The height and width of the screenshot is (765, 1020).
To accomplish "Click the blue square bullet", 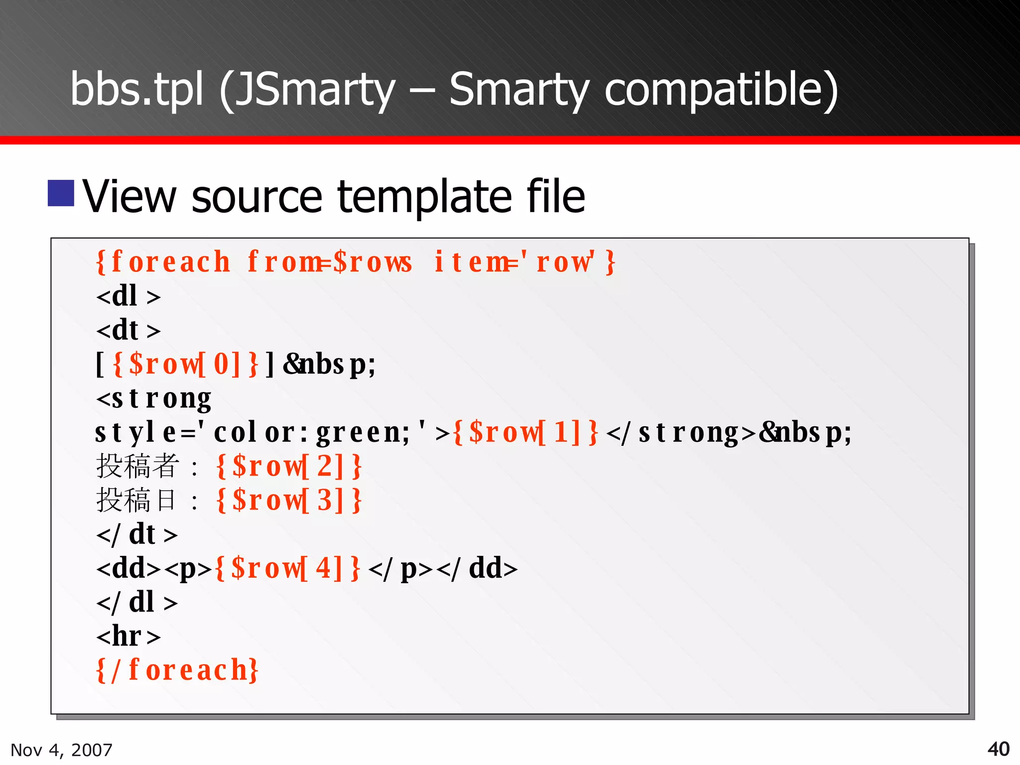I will pyautogui.click(x=61, y=193).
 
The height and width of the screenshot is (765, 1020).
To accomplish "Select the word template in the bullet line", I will pyautogui.click(x=424, y=197).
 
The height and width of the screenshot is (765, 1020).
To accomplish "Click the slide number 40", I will pyautogui.click(x=998, y=749).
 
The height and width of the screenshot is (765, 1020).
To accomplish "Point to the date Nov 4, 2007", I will pyautogui.click(x=61, y=750).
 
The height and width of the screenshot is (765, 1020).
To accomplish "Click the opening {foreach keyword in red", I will pyautogui.click(x=163, y=262).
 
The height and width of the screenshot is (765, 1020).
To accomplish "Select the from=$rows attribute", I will pyautogui.click(x=330, y=262).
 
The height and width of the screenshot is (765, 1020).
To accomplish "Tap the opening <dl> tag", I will pyautogui.click(x=128, y=296).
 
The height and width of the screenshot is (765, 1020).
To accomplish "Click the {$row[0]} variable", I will pyautogui.click(x=185, y=364).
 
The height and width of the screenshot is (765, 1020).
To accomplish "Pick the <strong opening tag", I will pyautogui.click(x=153, y=398).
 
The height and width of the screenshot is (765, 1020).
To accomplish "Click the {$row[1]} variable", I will pyautogui.click(x=525, y=432).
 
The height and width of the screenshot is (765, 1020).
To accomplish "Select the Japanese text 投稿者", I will pyautogui.click(x=137, y=466).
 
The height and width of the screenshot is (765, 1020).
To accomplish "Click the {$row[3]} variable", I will pyautogui.click(x=289, y=500).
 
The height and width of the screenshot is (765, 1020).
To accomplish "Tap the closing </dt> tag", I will pyautogui.click(x=136, y=534).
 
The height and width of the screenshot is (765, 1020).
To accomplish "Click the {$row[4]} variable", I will pyautogui.click(x=287, y=568).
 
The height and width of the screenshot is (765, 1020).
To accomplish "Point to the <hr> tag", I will pyautogui.click(x=128, y=636).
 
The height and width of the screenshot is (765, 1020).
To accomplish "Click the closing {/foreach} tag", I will pyautogui.click(x=177, y=670).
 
